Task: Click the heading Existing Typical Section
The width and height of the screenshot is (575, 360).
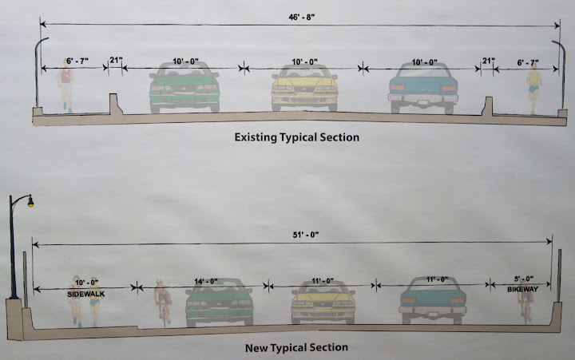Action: coord(296,137)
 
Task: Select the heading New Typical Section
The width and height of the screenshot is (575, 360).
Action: coord(296,347)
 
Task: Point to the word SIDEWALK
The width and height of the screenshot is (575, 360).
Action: coord(86,294)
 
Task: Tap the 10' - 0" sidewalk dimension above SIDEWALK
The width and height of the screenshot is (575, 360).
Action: coord(86,282)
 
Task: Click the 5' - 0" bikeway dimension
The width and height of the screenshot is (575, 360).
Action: coord(522,279)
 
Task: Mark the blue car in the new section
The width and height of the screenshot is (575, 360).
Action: coord(432,302)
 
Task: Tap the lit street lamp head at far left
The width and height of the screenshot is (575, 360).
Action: coord(30,204)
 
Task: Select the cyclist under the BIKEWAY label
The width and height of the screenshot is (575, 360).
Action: coord(525,305)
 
